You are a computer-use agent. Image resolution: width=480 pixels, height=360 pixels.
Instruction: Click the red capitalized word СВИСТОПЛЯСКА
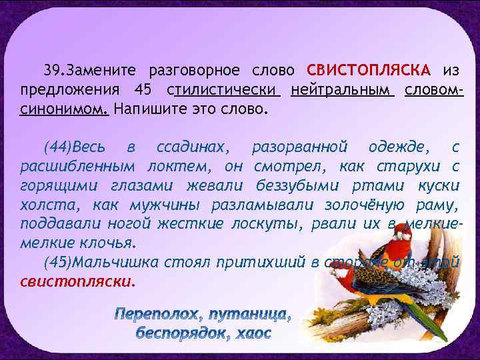369,71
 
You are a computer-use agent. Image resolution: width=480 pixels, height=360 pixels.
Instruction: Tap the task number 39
53,71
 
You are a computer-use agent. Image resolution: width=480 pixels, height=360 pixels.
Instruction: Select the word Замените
102,71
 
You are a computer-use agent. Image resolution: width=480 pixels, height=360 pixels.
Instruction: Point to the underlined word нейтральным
339,89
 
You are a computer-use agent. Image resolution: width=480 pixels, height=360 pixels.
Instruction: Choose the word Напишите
151,108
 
